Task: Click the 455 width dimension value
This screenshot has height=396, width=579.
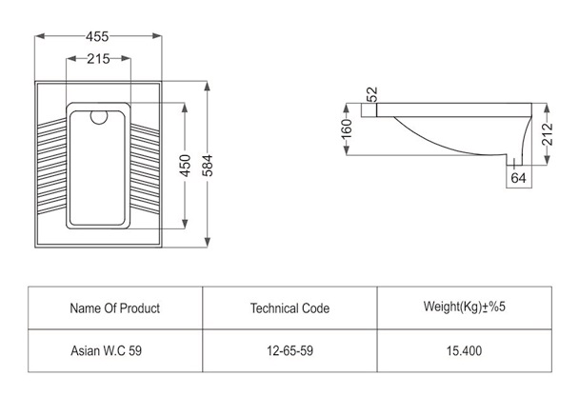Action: pos(97,36)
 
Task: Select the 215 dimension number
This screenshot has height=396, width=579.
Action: pos(98,59)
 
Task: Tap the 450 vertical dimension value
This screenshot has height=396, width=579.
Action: pos(185,166)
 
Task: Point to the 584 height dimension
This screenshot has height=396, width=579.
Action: pos(208,166)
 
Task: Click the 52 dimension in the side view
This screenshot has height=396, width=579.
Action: pos(372,94)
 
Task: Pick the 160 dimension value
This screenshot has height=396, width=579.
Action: pos(347,129)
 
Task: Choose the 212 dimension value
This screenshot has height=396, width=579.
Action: pos(548,134)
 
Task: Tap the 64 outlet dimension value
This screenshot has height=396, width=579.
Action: pos(518,178)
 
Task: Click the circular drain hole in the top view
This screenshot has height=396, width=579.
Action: pos(99,116)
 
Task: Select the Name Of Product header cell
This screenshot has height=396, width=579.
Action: pos(115,307)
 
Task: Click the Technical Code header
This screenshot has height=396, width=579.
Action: pos(289,307)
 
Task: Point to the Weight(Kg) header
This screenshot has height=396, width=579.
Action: pos(464,307)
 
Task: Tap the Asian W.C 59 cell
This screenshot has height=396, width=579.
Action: pos(106,350)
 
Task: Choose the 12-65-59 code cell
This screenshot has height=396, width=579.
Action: pos(289,350)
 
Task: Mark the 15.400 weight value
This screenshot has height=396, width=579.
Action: pos(464,350)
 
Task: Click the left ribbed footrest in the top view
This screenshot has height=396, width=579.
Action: pos(52,166)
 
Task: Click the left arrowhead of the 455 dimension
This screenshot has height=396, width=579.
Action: pos(39,36)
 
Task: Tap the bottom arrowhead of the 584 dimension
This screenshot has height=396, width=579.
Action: pos(208,242)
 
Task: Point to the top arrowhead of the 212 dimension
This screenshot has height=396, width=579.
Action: pos(548,108)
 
